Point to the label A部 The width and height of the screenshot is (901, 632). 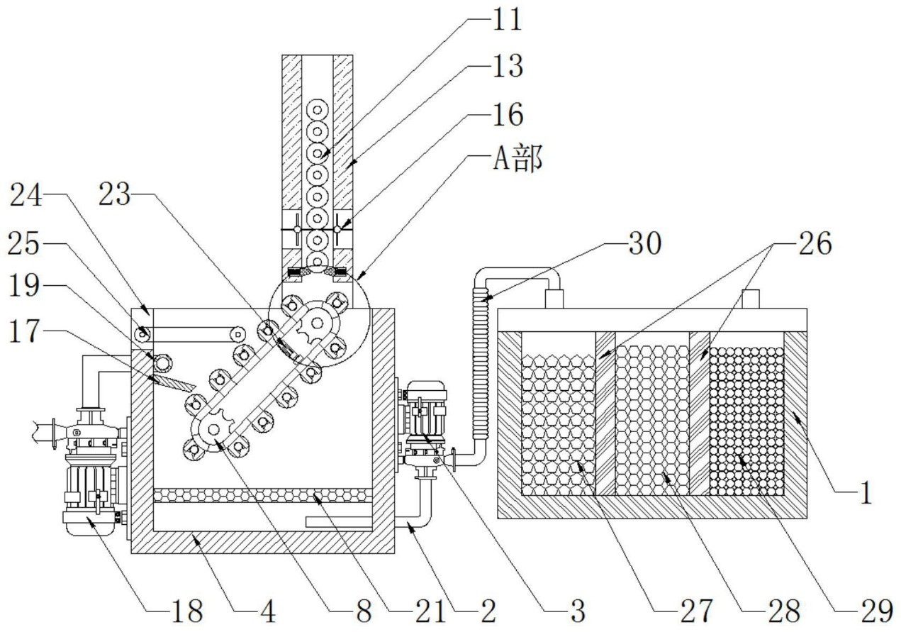click(517, 160)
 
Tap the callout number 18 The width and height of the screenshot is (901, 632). click(187, 609)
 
